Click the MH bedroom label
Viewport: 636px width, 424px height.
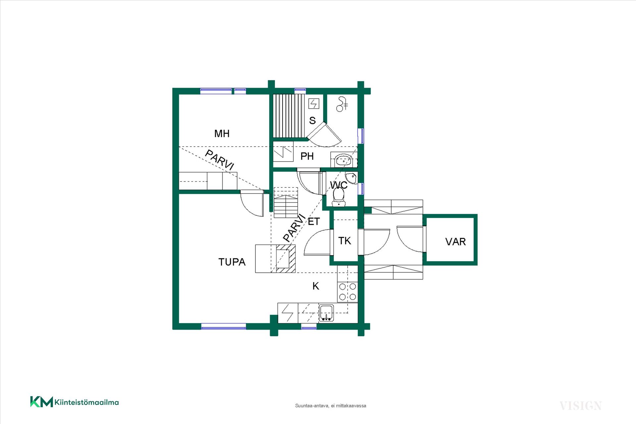(x=222, y=133)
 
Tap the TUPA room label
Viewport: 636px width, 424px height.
(x=232, y=262)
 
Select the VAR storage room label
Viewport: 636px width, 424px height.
(x=455, y=242)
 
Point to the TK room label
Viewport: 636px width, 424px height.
(x=344, y=241)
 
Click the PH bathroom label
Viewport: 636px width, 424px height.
(x=307, y=156)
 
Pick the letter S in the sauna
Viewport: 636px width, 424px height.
(x=312, y=120)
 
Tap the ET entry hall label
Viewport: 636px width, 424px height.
(x=314, y=221)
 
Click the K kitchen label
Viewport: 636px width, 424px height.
(x=316, y=286)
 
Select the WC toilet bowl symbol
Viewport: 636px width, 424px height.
(x=339, y=197)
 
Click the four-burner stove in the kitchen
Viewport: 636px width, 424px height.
(x=347, y=292)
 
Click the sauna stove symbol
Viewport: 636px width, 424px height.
(x=314, y=104)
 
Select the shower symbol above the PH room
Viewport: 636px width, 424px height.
(x=342, y=104)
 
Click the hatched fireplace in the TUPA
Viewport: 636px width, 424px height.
(x=286, y=259)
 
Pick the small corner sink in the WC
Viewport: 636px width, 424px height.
(x=351, y=178)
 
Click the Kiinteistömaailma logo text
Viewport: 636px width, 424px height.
(x=86, y=402)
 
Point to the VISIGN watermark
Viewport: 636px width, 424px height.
(x=580, y=406)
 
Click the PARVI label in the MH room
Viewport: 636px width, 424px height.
(x=220, y=160)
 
